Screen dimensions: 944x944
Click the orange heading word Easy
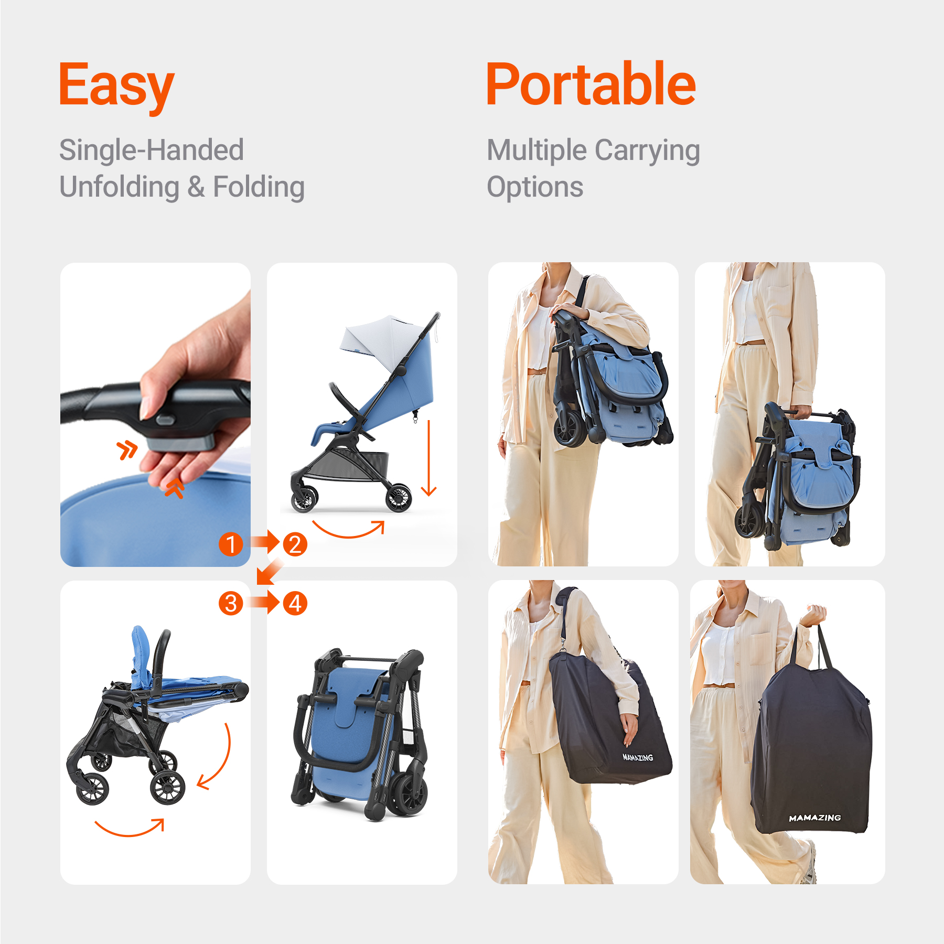click(116, 86)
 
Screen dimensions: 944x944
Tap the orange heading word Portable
click(591, 84)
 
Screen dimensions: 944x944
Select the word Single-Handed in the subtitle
click(152, 150)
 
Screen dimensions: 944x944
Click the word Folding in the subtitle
click(259, 187)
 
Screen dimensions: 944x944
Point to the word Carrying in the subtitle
click(648, 151)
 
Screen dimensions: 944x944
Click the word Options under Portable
click(535, 187)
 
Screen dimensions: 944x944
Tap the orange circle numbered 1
click(231, 544)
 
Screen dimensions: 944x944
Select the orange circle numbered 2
click(295, 544)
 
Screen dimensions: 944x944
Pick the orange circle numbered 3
click(231, 603)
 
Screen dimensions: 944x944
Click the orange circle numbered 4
click(295, 603)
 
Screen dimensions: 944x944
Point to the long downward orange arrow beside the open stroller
click(428, 458)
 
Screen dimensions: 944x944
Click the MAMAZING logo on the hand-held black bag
click(815, 818)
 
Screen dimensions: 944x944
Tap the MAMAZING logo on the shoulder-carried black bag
click(638, 757)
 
